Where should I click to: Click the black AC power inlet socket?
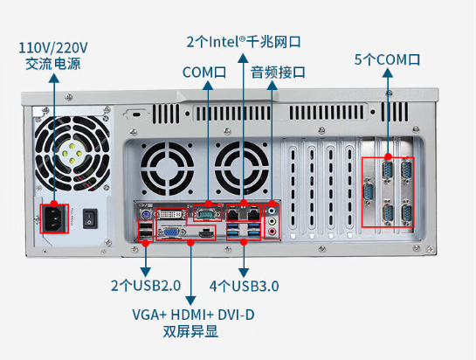click(55, 219)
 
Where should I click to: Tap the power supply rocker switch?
click(90, 218)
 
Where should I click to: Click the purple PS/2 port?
click(146, 214)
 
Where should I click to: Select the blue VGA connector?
click(171, 232)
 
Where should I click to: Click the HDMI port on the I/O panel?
click(207, 233)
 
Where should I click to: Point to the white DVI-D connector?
click(171, 214)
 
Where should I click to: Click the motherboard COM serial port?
click(207, 213)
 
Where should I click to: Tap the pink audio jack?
click(272, 232)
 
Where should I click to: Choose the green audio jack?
click(272, 221)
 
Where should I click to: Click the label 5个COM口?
click(388, 59)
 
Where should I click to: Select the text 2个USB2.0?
click(146, 285)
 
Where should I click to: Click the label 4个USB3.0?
click(244, 286)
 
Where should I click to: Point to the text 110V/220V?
click(53, 48)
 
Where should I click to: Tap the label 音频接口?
click(278, 73)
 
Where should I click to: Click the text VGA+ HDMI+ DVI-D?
click(193, 315)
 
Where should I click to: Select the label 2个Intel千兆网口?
click(244, 42)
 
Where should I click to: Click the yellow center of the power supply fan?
click(72, 154)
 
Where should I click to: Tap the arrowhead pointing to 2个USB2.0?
click(146, 272)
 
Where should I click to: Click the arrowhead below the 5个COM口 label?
click(388, 73)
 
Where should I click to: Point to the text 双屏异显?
click(190, 331)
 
